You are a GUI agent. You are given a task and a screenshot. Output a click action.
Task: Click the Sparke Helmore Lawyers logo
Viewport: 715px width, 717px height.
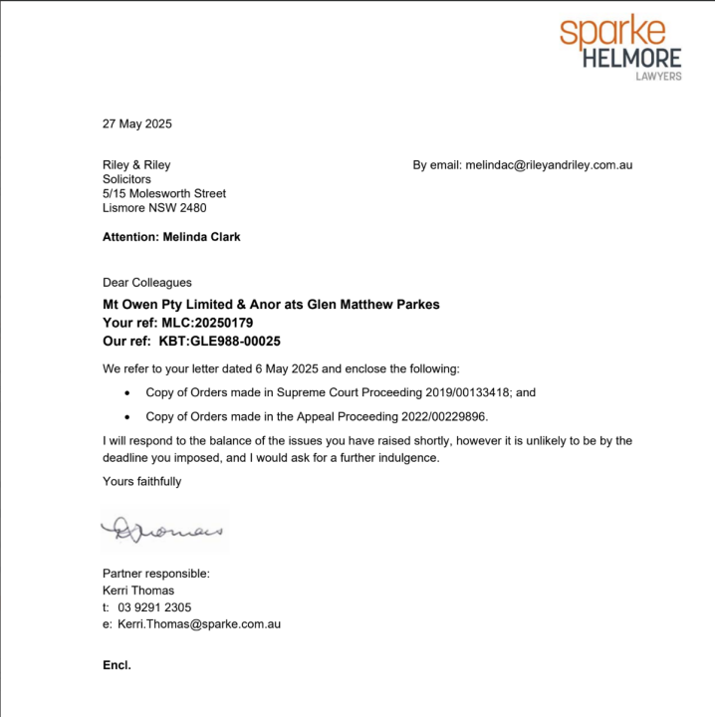click(619, 47)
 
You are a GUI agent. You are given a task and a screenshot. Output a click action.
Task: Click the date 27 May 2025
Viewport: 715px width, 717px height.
click(137, 124)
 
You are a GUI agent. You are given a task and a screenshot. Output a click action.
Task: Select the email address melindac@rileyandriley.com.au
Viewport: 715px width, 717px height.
click(549, 165)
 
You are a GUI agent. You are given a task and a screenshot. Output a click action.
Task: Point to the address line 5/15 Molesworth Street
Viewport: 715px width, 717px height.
click(164, 194)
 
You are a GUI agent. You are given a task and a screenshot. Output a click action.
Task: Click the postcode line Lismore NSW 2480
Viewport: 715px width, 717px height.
click(154, 208)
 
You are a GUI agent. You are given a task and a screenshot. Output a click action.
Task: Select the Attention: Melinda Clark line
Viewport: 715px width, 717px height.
click(171, 237)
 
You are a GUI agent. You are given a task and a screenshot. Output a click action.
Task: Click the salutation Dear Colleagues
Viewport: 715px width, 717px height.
click(147, 283)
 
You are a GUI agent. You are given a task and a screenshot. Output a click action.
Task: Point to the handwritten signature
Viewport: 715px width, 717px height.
click(164, 529)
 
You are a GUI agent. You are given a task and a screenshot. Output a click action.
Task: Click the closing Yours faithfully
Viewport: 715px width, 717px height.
click(142, 482)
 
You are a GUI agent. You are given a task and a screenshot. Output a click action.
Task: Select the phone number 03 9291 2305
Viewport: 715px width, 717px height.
click(154, 607)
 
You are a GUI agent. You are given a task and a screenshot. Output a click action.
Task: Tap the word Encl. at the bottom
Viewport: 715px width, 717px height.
click(117, 664)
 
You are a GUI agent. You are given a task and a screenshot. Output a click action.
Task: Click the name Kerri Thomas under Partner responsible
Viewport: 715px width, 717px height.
click(138, 591)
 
